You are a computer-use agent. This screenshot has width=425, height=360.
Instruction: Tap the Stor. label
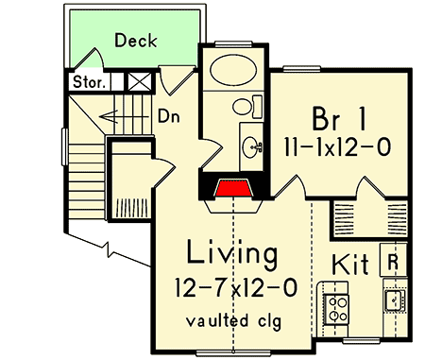[89, 81]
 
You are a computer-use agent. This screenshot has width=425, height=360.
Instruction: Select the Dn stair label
[169, 118]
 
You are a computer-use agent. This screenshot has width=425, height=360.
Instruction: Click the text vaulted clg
[231, 319]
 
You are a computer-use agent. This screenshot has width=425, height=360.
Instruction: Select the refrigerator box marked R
[392, 259]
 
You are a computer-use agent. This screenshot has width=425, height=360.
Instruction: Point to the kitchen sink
[395, 300]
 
